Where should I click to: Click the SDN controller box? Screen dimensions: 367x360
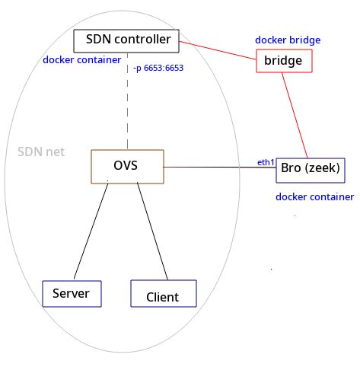(x=126, y=40)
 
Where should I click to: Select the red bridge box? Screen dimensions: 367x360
(x=283, y=59)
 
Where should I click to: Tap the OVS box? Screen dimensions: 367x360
(x=126, y=165)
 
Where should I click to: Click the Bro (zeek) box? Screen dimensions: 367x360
(x=310, y=168)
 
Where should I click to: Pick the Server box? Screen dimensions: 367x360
(x=72, y=293)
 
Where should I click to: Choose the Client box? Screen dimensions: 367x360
(x=163, y=295)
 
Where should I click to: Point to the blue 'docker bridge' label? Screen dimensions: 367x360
(x=287, y=40)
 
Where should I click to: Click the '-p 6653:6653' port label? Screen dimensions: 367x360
(x=158, y=69)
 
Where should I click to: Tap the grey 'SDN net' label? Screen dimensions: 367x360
(x=40, y=152)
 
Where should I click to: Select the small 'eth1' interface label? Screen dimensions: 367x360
(x=265, y=162)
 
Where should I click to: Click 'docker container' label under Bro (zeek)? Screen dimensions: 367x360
(x=314, y=196)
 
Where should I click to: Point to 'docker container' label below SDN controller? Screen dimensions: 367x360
(x=81, y=59)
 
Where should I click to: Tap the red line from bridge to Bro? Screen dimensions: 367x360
(x=295, y=114)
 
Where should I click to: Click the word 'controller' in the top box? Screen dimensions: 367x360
(x=142, y=39)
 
